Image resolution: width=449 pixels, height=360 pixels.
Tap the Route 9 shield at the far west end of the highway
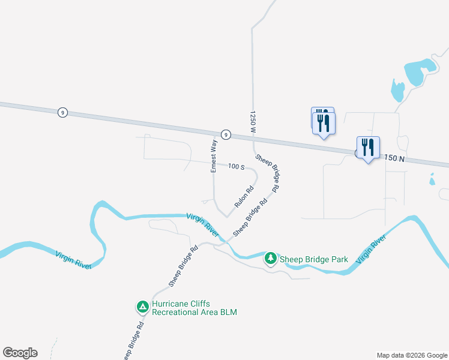[x=62, y=112]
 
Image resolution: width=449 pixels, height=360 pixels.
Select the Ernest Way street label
[x=213, y=155]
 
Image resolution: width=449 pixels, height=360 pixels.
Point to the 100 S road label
[x=236, y=166]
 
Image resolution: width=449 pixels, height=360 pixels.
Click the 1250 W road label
[x=253, y=122]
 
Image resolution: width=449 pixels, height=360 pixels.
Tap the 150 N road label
[x=393, y=158]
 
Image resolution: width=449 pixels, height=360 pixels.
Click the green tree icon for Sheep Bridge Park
[x=271, y=259]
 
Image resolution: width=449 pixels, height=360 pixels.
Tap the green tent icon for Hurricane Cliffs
[x=143, y=307]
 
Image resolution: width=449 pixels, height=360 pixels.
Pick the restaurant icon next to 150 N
[x=367, y=148]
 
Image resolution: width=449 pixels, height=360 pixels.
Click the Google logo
[x=20, y=352]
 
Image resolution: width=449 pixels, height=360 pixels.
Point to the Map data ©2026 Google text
[x=411, y=355]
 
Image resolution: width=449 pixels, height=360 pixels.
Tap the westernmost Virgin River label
[x=74, y=260]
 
